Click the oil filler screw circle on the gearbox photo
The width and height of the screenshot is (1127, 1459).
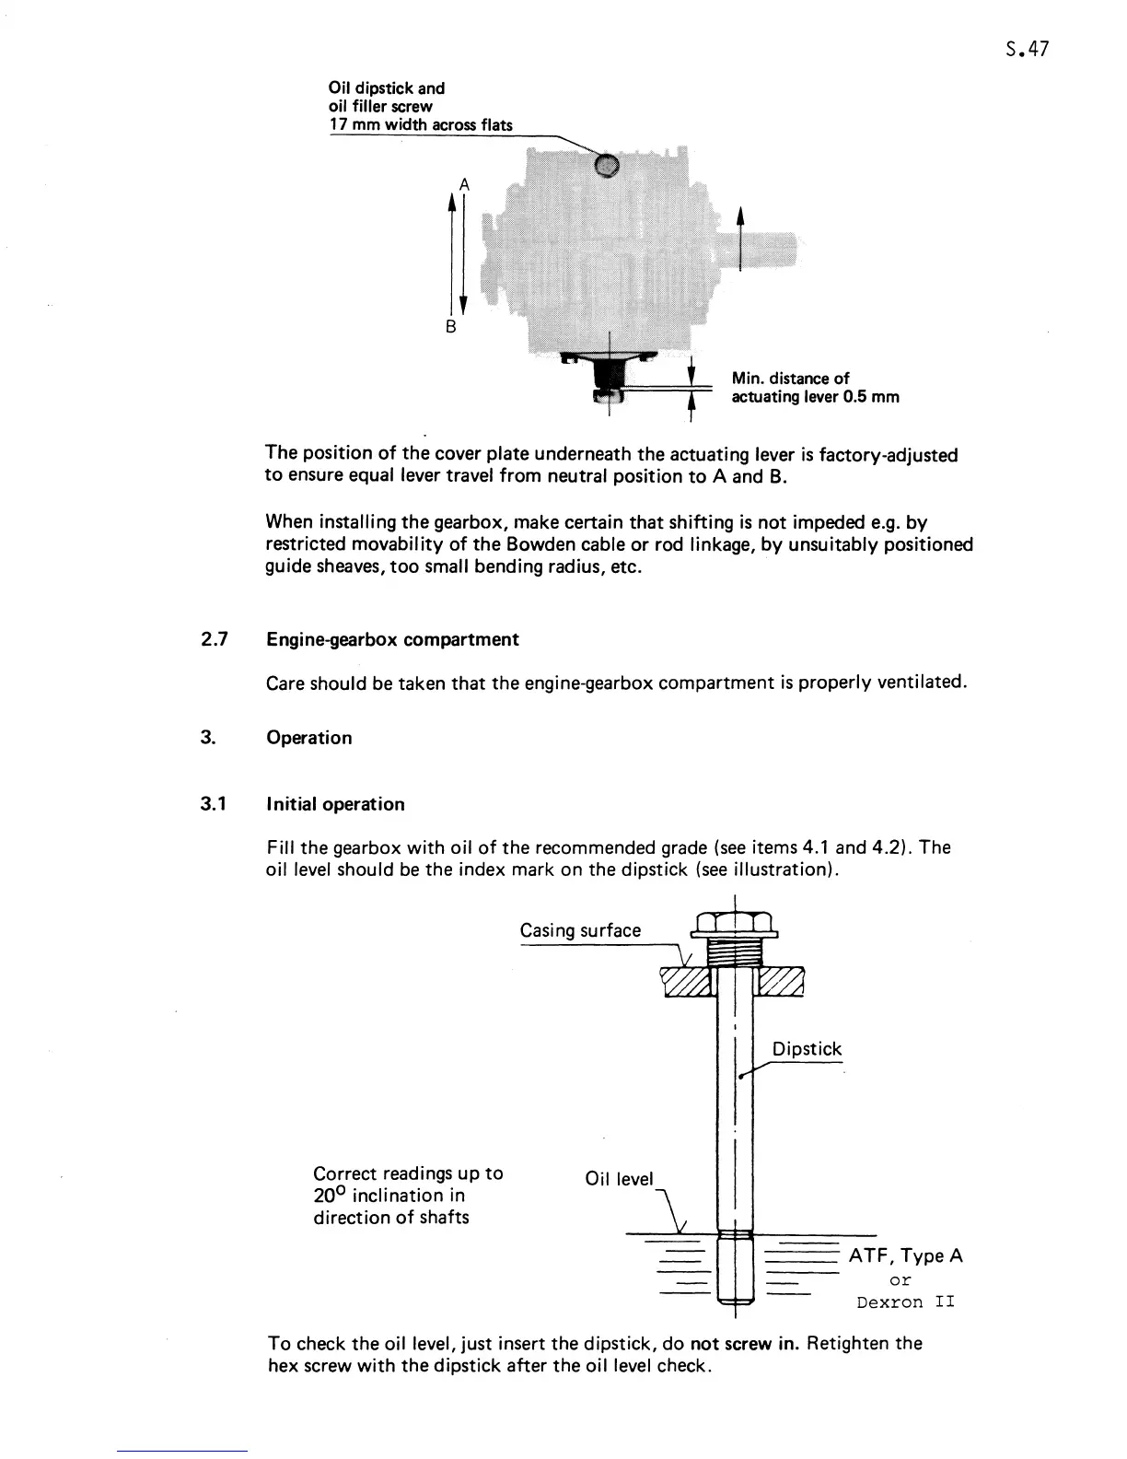click(x=606, y=165)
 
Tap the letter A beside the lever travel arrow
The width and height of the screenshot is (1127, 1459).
click(x=464, y=184)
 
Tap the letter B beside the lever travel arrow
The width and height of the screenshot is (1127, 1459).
click(x=451, y=327)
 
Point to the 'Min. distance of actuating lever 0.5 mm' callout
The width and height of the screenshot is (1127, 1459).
click(x=814, y=388)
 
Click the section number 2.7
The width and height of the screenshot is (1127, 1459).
click(x=215, y=639)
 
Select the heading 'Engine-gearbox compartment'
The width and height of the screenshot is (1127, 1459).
click(x=392, y=639)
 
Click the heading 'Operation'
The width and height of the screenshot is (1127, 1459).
click(x=308, y=738)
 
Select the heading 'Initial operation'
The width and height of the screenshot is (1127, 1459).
click(x=335, y=804)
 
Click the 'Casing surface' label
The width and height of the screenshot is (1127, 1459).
click(x=580, y=930)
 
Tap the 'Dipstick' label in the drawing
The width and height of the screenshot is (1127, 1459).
click(x=807, y=1049)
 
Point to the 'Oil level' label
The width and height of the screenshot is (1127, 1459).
click(x=619, y=1179)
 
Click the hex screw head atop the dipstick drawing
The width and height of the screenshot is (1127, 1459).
click(x=734, y=922)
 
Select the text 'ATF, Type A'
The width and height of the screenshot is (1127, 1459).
click(x=905, y=1255)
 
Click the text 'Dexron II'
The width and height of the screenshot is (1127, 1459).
click(x=905, y=1301)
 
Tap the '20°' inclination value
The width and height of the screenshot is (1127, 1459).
click(x=330, y=1196)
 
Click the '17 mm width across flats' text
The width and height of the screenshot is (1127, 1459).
click(x=421, y=125)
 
